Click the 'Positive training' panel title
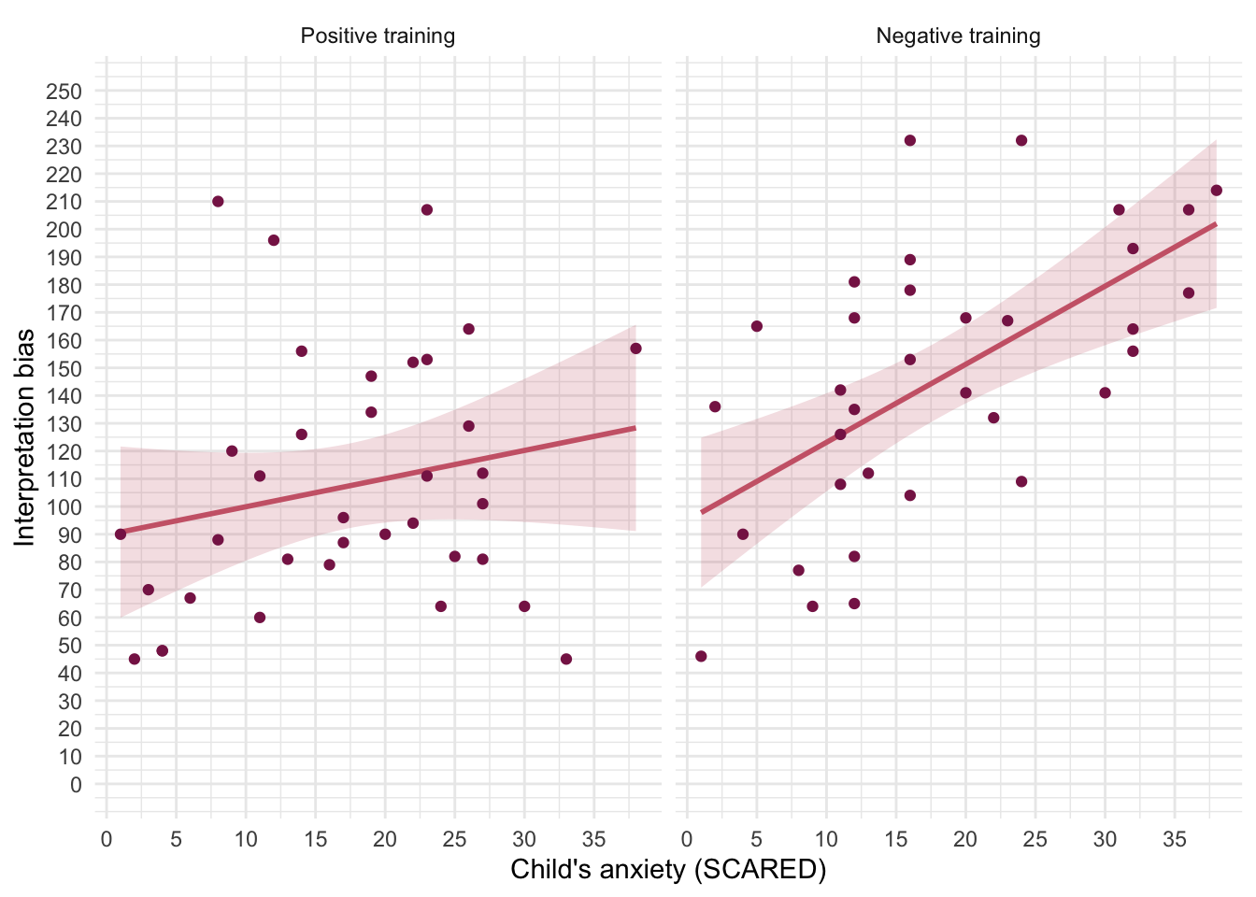click(378, 36)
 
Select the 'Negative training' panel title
click(958, 36)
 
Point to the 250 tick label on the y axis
click(64, 92)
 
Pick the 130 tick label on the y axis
click(64, 423)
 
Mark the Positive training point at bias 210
click(218, 202)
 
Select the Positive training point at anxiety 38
click(635, 349)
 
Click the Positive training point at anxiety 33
click(566, 659)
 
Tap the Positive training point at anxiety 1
click(121, 534)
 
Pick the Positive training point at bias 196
click(274, 240)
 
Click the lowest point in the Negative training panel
click(701, 656)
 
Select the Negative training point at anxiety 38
click(1216, 191)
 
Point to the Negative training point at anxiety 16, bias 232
click(910, 140)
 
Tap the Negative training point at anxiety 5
click(757, 326)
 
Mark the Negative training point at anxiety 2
click(715, 406)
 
